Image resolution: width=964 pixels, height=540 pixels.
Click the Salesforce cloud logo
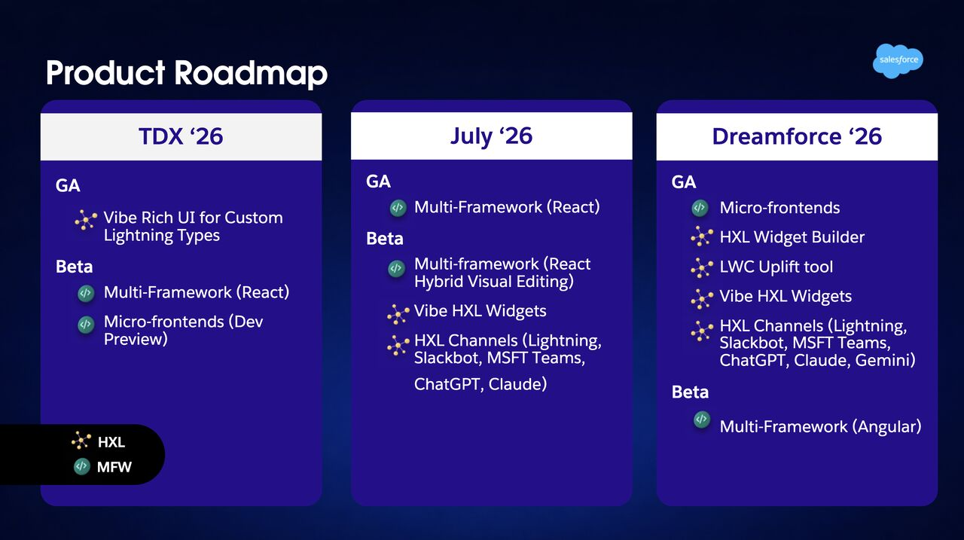click(898, 61)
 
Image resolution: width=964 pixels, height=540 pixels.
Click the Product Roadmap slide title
click(187, 73)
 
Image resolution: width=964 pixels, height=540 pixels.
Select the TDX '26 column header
click(181, 136)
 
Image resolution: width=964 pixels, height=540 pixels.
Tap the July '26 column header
click(492, 136)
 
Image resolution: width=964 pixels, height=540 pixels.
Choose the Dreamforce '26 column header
click(797, 136)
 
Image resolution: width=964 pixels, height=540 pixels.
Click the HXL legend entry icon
click(81, 441)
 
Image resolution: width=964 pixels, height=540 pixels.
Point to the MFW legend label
click(114, 467)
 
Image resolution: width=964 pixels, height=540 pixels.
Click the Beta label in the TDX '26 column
click(74, 267)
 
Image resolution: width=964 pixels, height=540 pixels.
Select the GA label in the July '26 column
click(378, 182)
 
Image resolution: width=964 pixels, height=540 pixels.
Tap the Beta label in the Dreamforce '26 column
click(690, 392)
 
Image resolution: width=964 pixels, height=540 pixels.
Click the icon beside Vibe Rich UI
click(86, 220)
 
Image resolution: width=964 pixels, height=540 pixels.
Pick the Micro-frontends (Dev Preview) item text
click(183, 331)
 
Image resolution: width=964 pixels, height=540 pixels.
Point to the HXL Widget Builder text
click(792, 237)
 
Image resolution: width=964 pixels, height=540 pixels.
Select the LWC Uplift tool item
click(776, 267)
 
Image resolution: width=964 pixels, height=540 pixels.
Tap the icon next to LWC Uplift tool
click(701, 267)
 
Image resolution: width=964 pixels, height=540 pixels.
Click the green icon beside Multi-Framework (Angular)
click(701, 419)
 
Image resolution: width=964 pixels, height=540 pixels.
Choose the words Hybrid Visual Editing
click(493, 282)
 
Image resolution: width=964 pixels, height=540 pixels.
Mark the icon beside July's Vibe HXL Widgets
click(398, 314)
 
